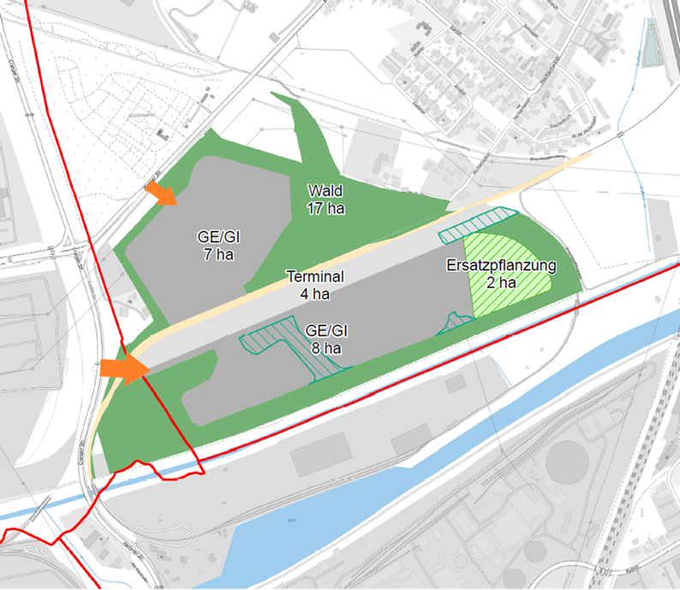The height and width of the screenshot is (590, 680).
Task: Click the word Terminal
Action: (x=315, y=277)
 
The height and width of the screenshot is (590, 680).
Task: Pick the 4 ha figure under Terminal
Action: (x=315, y=295)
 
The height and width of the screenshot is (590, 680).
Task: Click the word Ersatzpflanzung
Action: (x=502, y=265)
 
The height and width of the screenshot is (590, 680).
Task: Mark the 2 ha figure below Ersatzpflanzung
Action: (x=502, y=282)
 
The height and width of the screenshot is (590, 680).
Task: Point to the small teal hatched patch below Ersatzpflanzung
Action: (x=454, y=322)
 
